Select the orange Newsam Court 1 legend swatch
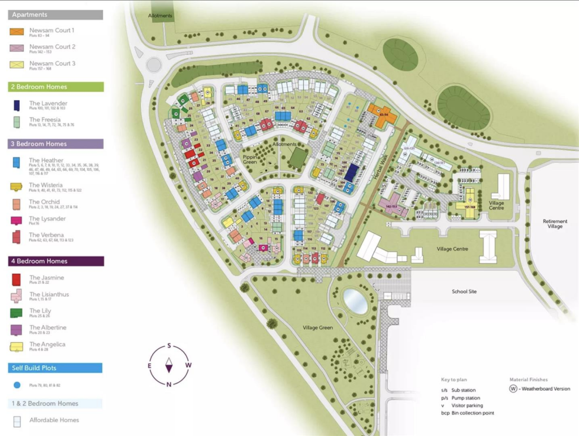[18, 32]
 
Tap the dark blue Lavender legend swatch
[18, 105]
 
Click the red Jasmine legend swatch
[18, 279]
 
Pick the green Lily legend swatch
[18, 312]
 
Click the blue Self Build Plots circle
[17, 385]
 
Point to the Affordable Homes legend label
[54, 420]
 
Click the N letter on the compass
[168, 385]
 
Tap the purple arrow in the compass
[168, 365]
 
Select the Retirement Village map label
[555, 223]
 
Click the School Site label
[464, 291]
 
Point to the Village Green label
[317, 327]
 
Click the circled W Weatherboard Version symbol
[513, 388]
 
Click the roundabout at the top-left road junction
[154, 64]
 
